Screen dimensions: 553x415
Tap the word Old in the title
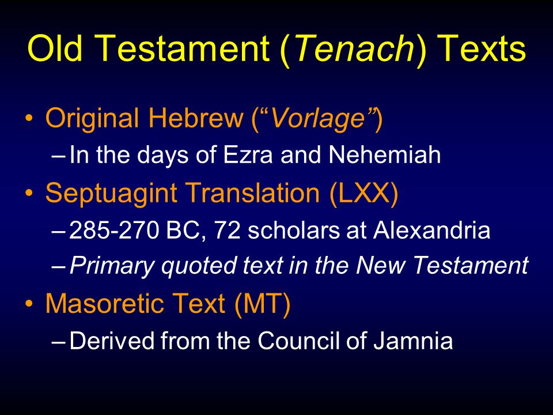click(55, 48)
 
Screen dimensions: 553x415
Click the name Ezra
click(248, 154)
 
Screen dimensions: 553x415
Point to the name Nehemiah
click(384, 154)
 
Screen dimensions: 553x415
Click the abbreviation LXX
click(364, 193)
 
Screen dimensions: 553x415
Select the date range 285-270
click(114, 231)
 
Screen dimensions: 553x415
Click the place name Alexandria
click(431, 231)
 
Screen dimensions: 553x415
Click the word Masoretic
click(105, 304)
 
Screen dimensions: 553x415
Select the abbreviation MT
click(262, 304)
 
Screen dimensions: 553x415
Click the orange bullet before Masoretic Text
click(29, 304)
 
